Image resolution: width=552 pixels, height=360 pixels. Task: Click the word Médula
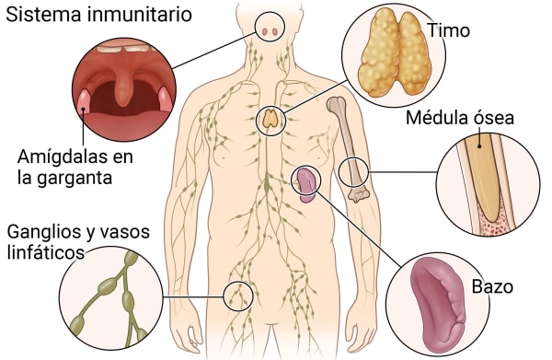pyautogui.click(x=437, y=119)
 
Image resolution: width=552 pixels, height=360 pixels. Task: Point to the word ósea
pyautogui.click(x=493, y=119)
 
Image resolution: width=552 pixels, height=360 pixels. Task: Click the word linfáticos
pyautogui.click(x=49, y=251)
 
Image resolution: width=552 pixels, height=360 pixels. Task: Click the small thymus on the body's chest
pyautogui.click(x=270, y=118)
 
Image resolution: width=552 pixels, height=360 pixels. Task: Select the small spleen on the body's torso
pyautogui.click(x=305, y=182)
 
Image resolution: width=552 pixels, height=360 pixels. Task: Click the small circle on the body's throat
pyautogui.click(x=270, y=30)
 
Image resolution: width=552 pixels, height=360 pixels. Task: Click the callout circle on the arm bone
pyautogui.click(x=354, y=171)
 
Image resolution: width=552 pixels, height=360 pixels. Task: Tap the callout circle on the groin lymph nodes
pyautogui.click(x=238, y=295)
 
